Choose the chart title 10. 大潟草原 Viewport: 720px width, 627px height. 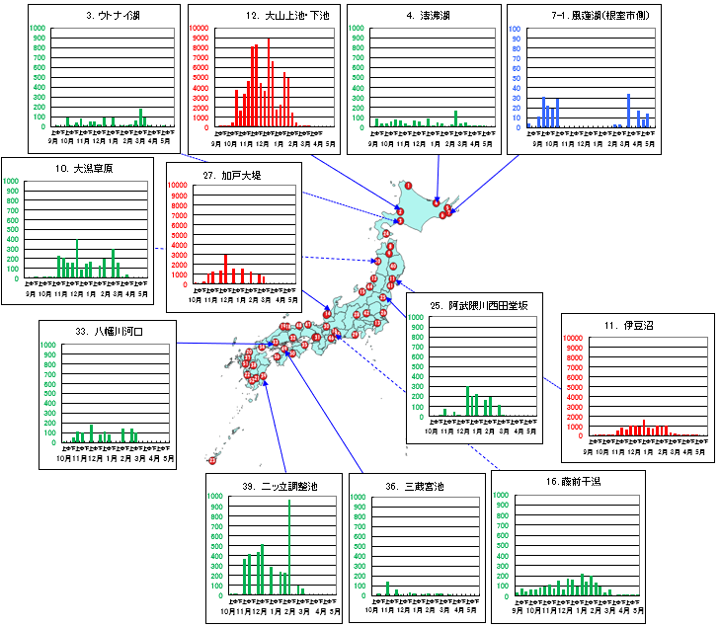point(86,169)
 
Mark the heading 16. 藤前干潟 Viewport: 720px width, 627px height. point(568,482)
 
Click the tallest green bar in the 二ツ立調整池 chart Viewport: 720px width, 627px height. point(289,548)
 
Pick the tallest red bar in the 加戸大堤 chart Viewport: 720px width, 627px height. point(226,269)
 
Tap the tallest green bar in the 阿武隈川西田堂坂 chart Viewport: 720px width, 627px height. point(468,401)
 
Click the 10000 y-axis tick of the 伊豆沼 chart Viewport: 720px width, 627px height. point(575,338)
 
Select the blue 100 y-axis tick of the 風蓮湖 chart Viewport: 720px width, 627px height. point(516,28)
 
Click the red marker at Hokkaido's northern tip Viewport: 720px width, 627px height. point(408,186)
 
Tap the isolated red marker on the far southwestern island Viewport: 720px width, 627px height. point(211,460)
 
